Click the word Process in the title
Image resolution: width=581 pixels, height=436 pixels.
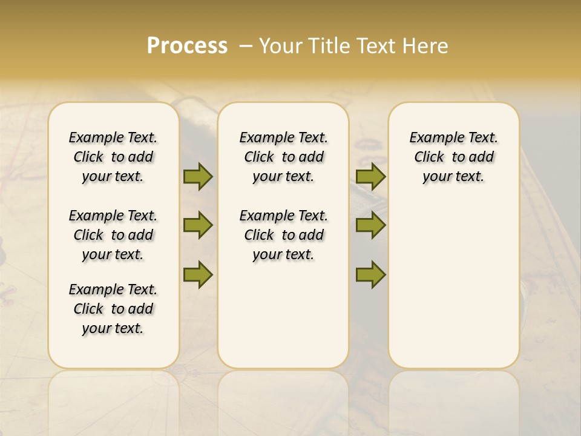pyautogui.click(x=187, y=46)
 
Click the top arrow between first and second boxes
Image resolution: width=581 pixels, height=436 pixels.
pyautogui.click(x=198, y=176)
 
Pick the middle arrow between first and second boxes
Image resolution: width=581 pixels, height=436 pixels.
pyautogui.click(x=198, y=225)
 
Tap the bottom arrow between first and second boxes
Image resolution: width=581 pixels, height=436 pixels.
pyautogui.click(x=198, y=274)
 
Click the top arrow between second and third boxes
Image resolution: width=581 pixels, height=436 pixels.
pyautogui.click(x=370, y=176)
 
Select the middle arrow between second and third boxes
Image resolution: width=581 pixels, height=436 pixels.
pyautogui.click(x=370, y=225)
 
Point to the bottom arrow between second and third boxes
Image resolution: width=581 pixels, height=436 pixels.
pyautogui.click(x=370, y=274)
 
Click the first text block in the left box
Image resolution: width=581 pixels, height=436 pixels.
pyautogui.click(x=113, y=157)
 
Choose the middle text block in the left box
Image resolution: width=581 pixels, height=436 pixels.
pyautogui.click(x=113, y=235)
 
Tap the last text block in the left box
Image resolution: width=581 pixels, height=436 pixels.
pyautogui.click(x=113, y=309)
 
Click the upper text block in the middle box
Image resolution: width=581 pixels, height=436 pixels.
pyautogui.click(x=283, y=157)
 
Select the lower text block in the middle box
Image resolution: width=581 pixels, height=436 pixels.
pyautogui.click(x=283, y=235)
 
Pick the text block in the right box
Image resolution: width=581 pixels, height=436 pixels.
pyautogui.click(x=453, y=157)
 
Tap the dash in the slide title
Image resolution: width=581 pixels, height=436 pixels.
pyautogui.click(x=245, y=46)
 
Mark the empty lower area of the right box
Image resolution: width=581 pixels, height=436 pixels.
pyautogui.click(x=453, y=285)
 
